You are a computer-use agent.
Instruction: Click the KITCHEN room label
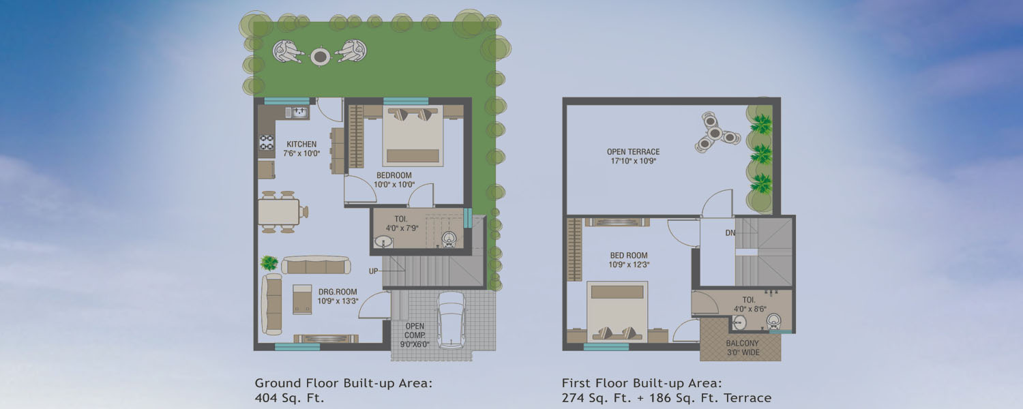point(301,144)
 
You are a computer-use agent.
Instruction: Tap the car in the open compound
point(451,320)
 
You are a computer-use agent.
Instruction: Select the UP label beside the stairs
point(374,271)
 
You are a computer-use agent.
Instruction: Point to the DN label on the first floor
point(730,233)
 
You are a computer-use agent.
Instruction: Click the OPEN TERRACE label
point(633,151)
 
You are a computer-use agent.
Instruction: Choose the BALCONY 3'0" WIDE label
point(743,348)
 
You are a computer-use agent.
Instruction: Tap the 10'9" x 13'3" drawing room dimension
point(338,301)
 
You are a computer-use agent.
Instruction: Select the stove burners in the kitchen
point(266,142)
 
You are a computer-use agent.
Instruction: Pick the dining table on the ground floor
point(278,212)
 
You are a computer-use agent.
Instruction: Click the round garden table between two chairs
point(320,56)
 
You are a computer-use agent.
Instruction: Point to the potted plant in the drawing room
point(269,262)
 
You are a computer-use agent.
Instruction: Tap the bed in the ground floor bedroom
point(413,136)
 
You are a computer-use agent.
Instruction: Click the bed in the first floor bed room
point(617,312)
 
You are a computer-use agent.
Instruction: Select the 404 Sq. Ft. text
point(289,397)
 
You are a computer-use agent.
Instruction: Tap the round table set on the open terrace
point(715,132)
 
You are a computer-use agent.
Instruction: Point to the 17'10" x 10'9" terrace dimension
point(634,161)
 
